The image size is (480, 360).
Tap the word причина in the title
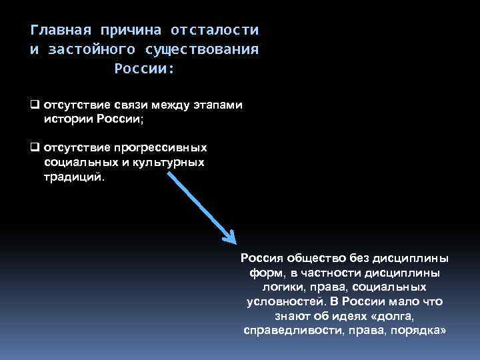pos(127,31)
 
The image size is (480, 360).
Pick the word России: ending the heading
pos(144,68)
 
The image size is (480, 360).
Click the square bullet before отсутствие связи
pos(35,105)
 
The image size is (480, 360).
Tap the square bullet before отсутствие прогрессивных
pos(35,147)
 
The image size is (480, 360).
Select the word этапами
pos(219,105)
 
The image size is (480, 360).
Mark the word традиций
pos(75,177)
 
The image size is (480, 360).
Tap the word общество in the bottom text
pos(307,259)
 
